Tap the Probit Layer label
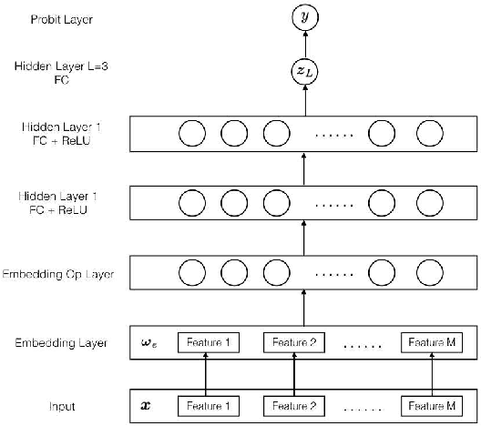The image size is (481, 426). [36, 18]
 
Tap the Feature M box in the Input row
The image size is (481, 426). [432, 404]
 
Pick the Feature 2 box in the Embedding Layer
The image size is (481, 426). [294, 343]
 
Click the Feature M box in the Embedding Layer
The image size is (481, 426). [432, 343]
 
